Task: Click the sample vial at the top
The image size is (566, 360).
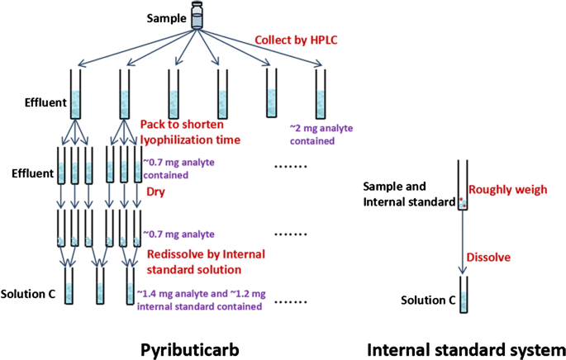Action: click(x=197, y=16)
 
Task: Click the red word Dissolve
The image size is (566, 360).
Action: click(x=491, y=257)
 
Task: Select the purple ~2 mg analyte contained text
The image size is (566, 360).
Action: click(x=312, y=135)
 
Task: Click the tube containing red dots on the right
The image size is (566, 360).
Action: click(x=464, y=187)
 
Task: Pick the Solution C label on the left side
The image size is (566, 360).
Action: click(x=28, y=294)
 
